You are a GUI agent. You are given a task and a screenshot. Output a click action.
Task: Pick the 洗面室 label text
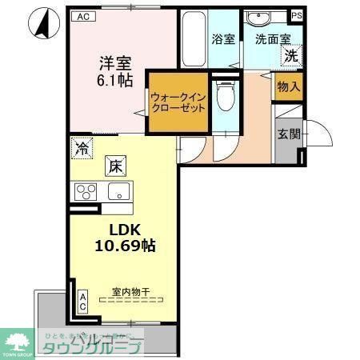[x=271, y=37]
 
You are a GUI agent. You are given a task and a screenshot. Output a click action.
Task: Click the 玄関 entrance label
[x=289, y=134]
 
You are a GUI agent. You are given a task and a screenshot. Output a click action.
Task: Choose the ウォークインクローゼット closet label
[x=178, y=103]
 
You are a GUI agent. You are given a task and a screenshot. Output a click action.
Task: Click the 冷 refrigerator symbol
[x=81, y=146]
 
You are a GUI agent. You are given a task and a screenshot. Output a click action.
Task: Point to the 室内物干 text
[x=127, y=291]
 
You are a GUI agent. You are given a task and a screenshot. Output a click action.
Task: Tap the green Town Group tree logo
[x=16, y=340]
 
